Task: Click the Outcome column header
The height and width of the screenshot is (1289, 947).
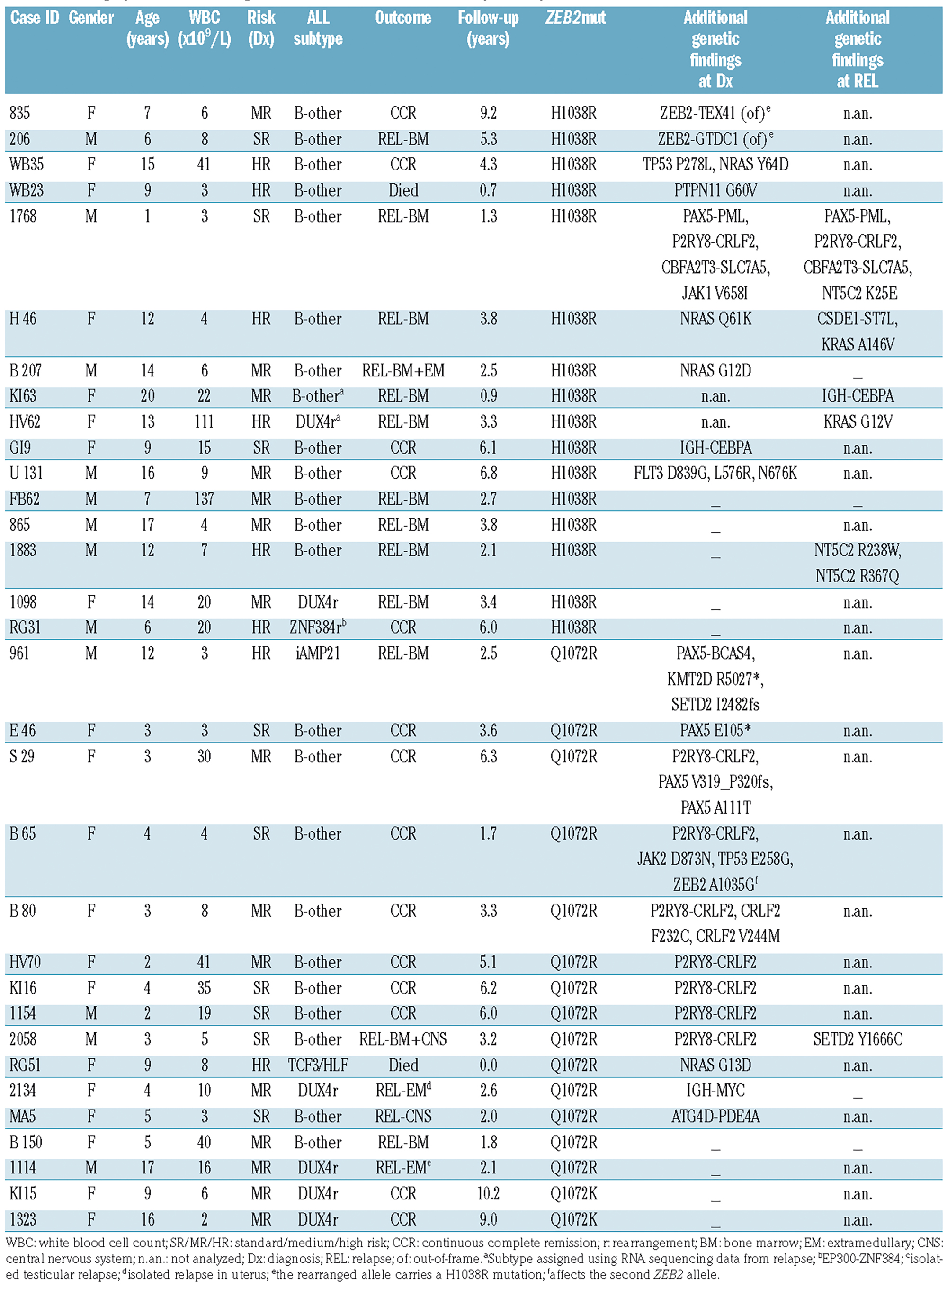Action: (403, 18)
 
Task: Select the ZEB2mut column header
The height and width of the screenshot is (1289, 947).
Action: (575, 18)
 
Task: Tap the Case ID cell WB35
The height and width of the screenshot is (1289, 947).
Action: (27, 164)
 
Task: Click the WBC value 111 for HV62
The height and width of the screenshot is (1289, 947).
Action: (204, 422)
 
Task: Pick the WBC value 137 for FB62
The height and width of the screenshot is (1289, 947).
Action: (204, 499)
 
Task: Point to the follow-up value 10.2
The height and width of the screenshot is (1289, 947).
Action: (488, 1194)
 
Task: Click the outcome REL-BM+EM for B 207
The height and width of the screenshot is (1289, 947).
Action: (403, 371)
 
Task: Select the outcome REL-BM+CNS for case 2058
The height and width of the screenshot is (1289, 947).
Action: (403, 1039)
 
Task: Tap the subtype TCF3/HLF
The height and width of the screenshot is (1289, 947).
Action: (318, 1065)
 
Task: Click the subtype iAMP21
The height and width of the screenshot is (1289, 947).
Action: (318, 653)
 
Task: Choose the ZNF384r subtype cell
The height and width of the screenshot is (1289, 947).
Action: (318, 627)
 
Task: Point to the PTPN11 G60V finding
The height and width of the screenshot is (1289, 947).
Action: (715, 190)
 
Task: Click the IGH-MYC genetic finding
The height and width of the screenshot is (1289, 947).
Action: (715, 1091)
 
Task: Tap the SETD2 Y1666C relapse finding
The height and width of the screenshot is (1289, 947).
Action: (858, 1039)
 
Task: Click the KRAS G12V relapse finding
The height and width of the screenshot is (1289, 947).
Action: (858, 422)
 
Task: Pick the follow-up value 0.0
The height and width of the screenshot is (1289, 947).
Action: (488, 1065)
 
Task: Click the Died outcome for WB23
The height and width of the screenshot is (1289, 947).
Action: (403, 190)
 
